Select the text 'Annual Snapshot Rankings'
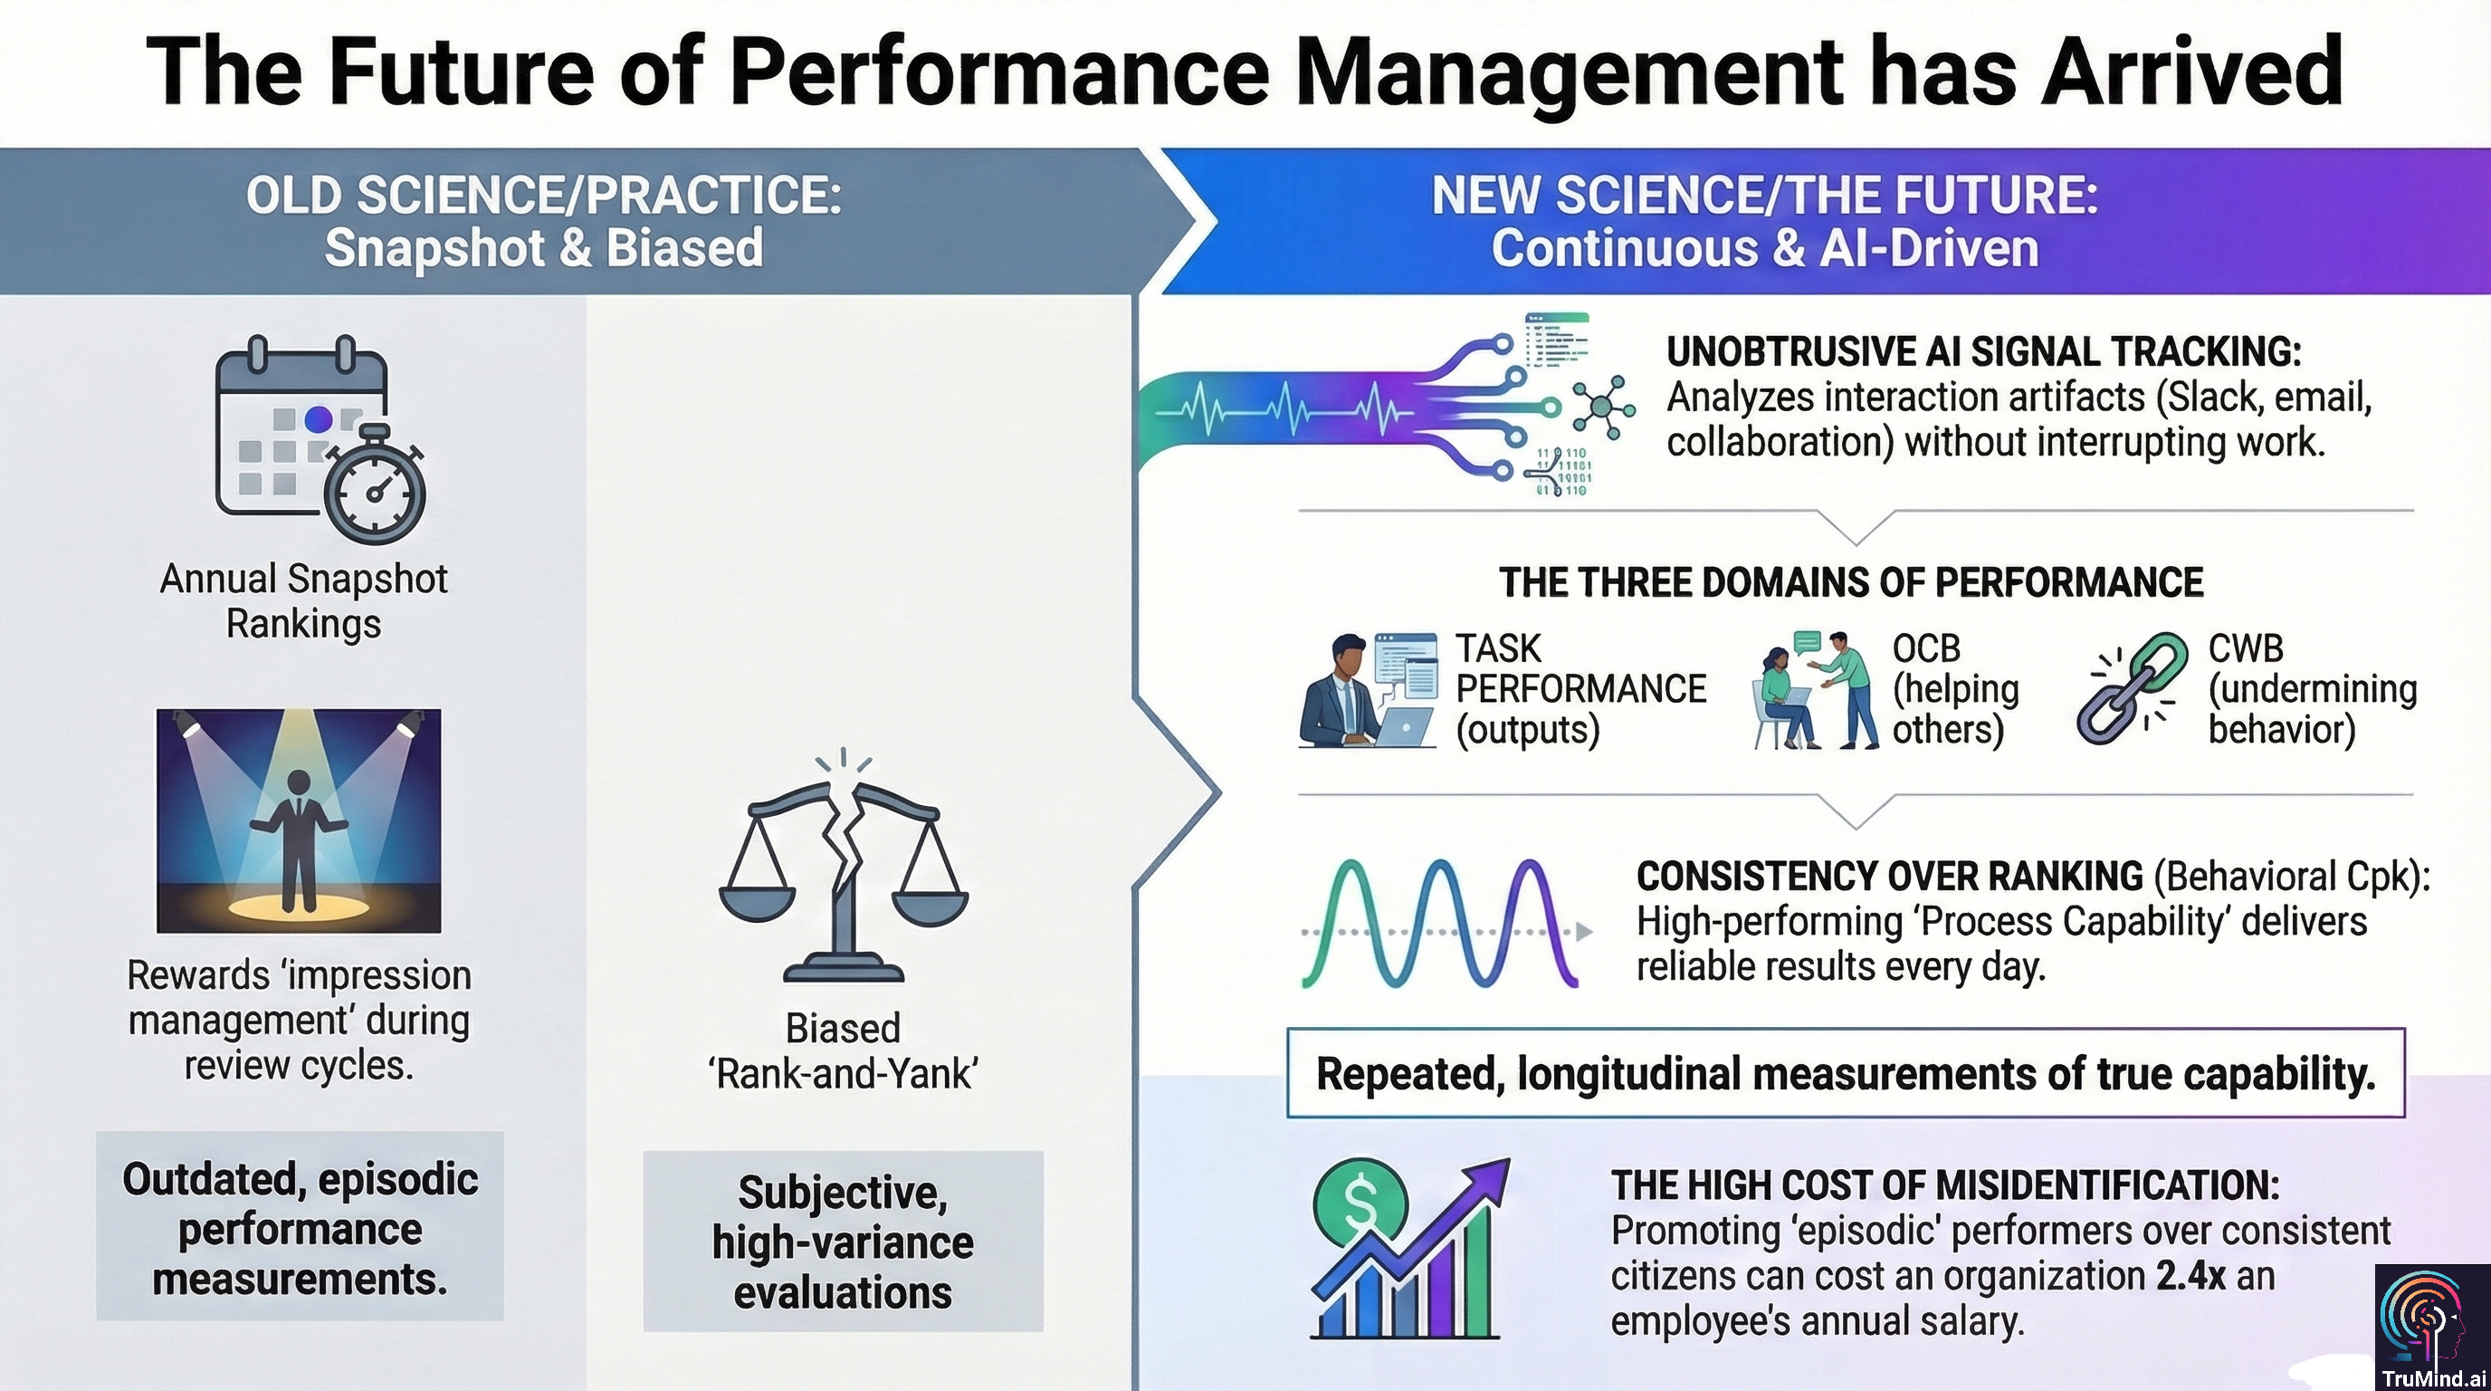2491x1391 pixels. [303, 600]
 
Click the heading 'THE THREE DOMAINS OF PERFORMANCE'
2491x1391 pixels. [1851, 583]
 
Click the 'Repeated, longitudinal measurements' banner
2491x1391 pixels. [1845, 1074]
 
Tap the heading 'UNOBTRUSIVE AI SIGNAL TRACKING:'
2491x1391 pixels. [1983, 352]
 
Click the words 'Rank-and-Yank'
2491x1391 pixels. [844, 1074]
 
